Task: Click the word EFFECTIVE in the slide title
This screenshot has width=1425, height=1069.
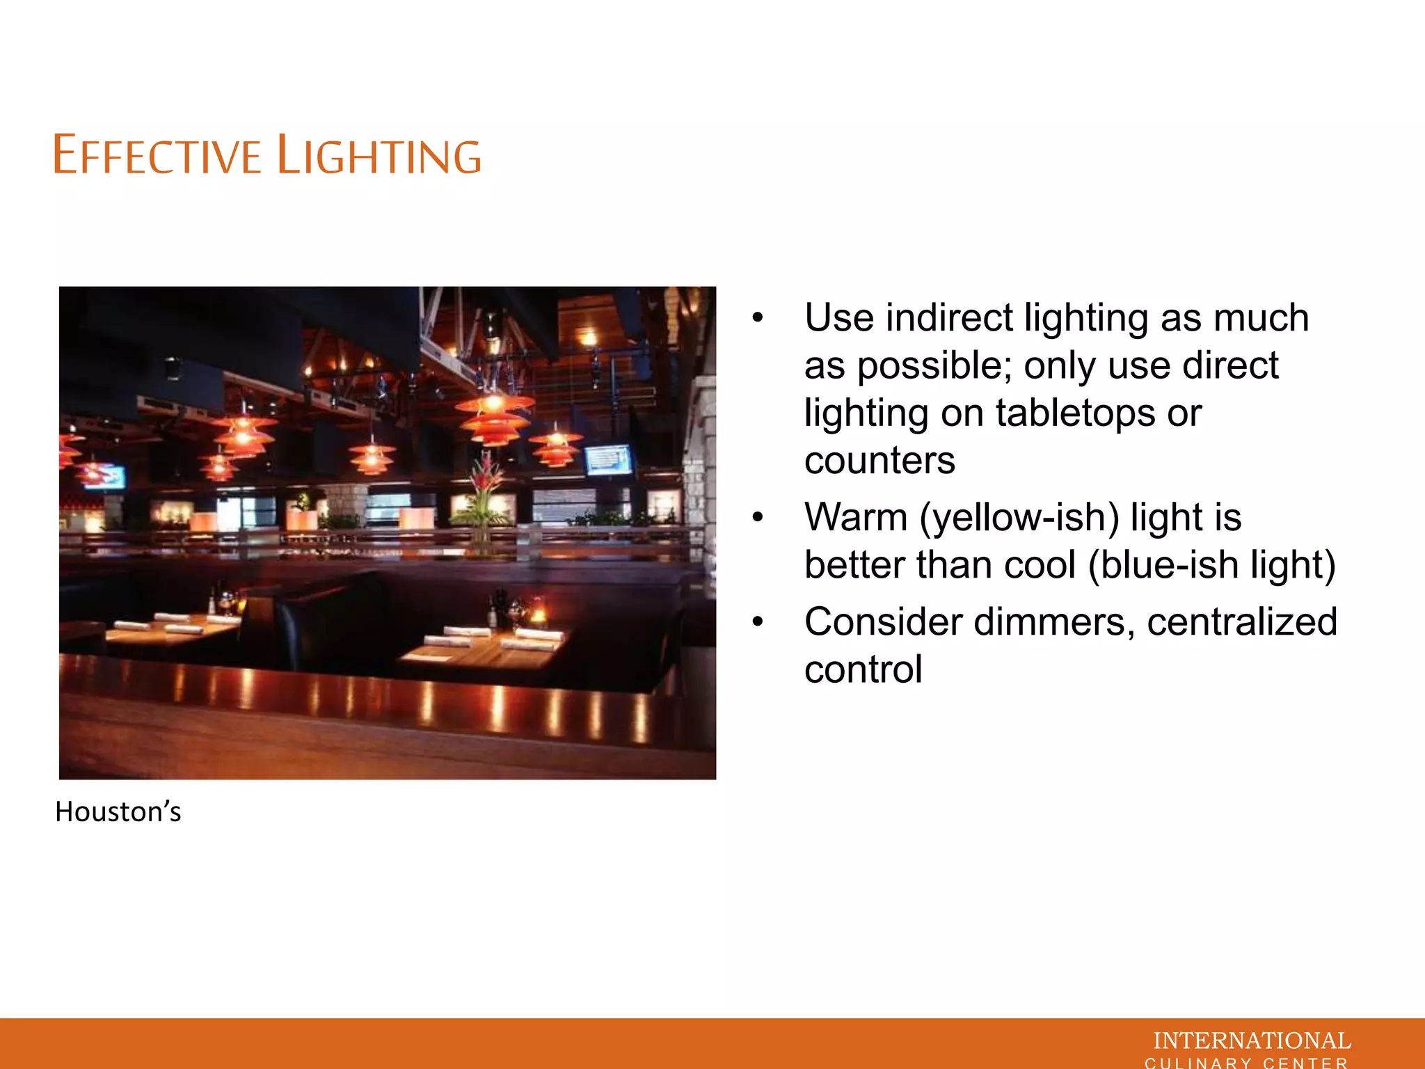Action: coord(157,155)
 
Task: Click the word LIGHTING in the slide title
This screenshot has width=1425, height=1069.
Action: coord(379,155)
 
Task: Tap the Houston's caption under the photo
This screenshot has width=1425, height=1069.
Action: coord(118,811)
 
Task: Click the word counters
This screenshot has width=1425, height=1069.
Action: coord(880,460)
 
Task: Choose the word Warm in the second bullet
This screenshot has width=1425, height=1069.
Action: coord(856,517)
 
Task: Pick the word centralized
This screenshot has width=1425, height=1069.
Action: coord(1242,621)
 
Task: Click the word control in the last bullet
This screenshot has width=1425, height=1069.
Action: coord(863,670)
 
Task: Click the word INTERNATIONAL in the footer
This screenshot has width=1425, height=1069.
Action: coord(1252,1040)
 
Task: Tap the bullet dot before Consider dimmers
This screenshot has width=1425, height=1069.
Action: coord(758,621)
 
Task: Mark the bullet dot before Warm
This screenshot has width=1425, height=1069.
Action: coord(758,517)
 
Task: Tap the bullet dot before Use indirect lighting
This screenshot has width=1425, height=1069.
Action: coord(758,318)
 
